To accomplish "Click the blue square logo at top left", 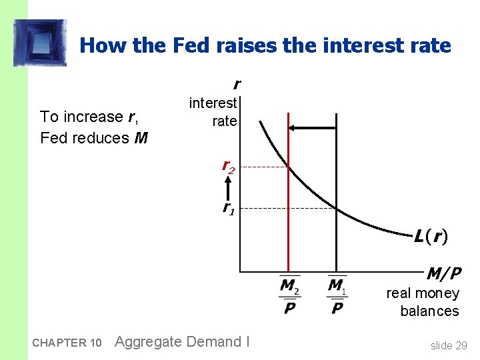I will (40, 43).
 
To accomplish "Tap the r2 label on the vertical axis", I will (228, 168).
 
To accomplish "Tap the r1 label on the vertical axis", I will (228, 207).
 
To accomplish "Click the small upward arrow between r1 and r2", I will (228, 188).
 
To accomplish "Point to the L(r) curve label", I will (429, 236).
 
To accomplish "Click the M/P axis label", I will (443, 273).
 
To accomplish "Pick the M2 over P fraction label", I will (289, 296).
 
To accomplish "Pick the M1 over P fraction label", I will (337, 296).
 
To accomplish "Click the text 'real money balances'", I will (423, 302).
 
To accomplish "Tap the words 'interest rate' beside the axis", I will (213, 112).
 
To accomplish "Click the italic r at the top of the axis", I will (236, 84).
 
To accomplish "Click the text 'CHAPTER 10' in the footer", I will (67, 343).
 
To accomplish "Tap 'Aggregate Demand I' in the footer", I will (182, 342).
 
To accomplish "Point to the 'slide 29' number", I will (449, 345).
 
